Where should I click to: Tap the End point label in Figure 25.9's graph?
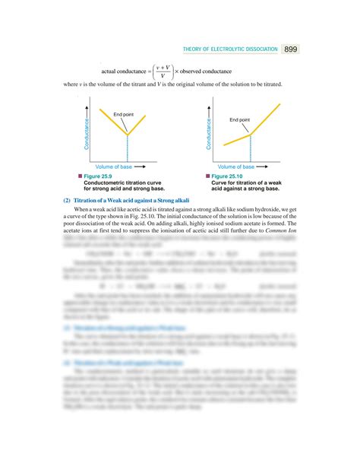[x=124, y=114]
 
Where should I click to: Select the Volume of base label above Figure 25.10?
[x=232, y=165]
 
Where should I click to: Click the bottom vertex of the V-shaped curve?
[x=127, y=135]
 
